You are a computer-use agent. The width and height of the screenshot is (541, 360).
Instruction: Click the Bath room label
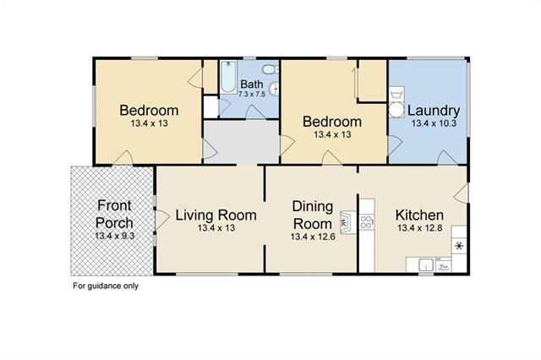click(x=252, y=84)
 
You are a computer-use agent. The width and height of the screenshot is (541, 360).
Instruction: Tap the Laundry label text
click(x=434, y=111)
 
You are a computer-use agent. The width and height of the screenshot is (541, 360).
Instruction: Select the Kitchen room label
click(x=419, y=215)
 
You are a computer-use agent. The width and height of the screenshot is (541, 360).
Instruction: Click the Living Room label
click(x=216, y=215)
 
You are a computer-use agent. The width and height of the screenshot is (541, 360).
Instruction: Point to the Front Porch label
click(x=114, y=214)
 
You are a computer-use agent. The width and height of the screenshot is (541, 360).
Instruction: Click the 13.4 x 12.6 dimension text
click(x=313, y=237)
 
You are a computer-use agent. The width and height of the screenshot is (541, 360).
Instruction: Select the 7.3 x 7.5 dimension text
click(x=252, y=94)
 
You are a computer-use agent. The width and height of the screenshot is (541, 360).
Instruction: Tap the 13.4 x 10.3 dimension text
click(x=434, y=123)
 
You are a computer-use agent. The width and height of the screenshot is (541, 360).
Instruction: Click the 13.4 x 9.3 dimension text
click(x=114, y=236)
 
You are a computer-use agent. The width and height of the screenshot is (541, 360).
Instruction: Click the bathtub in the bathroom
click(x=228, y=77)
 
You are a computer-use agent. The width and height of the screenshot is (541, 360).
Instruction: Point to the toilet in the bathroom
click(x=270, y=69)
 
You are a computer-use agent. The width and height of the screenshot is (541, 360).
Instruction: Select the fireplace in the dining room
click(x=347, y=222)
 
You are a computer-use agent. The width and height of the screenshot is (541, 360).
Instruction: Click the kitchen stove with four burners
click(x=366, y=222)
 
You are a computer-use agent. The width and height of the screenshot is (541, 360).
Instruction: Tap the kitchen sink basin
click(x=426, y=265)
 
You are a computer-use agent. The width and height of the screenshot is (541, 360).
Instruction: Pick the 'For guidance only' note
click(x=106, y=286)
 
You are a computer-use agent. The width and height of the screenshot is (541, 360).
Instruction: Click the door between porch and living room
click(x=161, y=220)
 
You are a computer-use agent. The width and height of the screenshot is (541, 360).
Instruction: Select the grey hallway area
click(x=242, y=141)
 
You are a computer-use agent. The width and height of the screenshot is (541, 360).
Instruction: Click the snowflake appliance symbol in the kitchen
click(x=459, y=246)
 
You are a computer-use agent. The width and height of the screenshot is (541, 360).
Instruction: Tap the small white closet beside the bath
click(x=210, y=106)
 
